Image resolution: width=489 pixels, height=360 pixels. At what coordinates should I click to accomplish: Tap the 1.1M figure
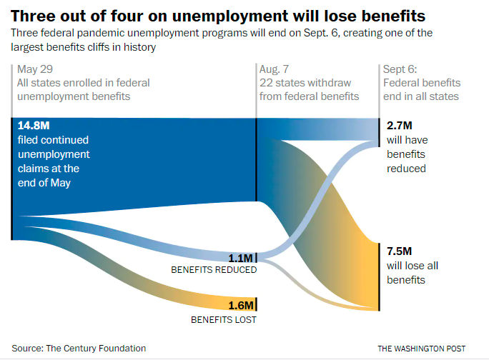pyautogui.click(x=241, y=258)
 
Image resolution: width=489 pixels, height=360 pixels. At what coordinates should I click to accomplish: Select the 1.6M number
pyautogui.click(x=241, y=306)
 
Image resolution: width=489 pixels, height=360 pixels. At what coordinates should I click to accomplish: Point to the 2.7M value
pyautogui.click(x=399, y=126)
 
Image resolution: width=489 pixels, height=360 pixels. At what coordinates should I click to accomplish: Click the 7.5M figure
pyautogui.click(x=399, y=251)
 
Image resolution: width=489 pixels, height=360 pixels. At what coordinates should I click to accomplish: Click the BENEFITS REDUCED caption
pyautogui.click(x=213, y=271)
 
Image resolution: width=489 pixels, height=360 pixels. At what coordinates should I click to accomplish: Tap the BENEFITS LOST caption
pyautogui.click(x=223, y=319)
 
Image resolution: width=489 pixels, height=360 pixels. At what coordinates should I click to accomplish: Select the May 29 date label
pyautogui.click(x=35, y=69)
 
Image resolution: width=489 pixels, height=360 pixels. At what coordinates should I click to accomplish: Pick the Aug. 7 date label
pyautogui.click(x=275, y=69)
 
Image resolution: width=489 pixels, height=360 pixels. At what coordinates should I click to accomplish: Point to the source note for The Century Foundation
pyautogui.click(x=79, y=349)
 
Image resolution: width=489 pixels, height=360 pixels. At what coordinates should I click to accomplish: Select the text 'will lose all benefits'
pyautogui.click(x=412, y=273)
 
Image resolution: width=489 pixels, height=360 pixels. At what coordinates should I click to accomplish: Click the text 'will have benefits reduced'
pyautogui.click(x=406, y=154)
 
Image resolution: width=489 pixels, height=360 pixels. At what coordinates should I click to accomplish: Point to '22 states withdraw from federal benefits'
pyautogui.click(x=309, y=89)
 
